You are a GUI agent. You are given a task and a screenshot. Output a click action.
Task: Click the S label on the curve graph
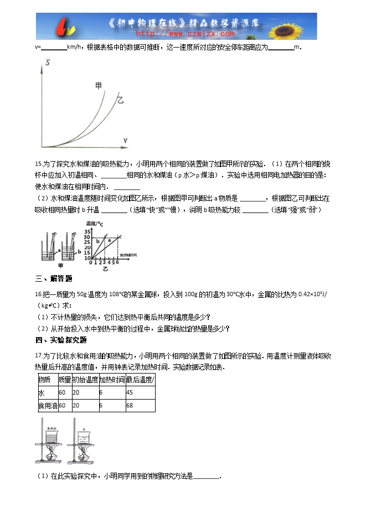pos(49,63)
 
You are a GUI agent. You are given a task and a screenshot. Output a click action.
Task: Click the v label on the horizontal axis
pos(126,141)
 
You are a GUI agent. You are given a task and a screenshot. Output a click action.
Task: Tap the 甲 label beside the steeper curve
pos(99,86)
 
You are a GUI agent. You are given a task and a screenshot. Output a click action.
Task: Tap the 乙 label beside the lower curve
pos(120,100)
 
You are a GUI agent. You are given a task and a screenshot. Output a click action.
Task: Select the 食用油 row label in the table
pos(47,406)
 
